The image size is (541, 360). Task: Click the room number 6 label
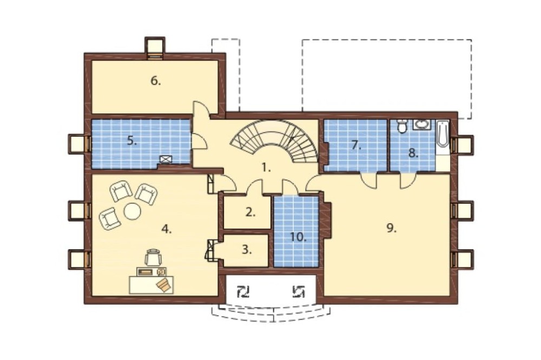coord(156,81)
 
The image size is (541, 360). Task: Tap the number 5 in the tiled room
coord(132,141)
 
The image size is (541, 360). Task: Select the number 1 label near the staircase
coord(266,168)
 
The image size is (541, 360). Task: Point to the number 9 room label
coord(391,228)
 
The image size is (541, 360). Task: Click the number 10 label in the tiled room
coord(298,237)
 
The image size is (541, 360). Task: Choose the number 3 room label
coord(246,249)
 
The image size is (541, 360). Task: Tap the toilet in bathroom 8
coord(401,126)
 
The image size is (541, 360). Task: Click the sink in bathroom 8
coord(421,124)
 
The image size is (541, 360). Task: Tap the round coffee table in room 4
coord(133,211)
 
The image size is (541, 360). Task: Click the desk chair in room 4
coord(153,257)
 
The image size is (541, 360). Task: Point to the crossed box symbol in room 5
coord(166,159)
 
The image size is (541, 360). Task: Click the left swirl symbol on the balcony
coord(243,292)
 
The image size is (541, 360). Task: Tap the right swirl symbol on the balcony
coord(299,292)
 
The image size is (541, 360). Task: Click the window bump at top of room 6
coord(155,48)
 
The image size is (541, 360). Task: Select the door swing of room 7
coord(368,180)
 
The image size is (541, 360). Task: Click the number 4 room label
coord(167,229)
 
